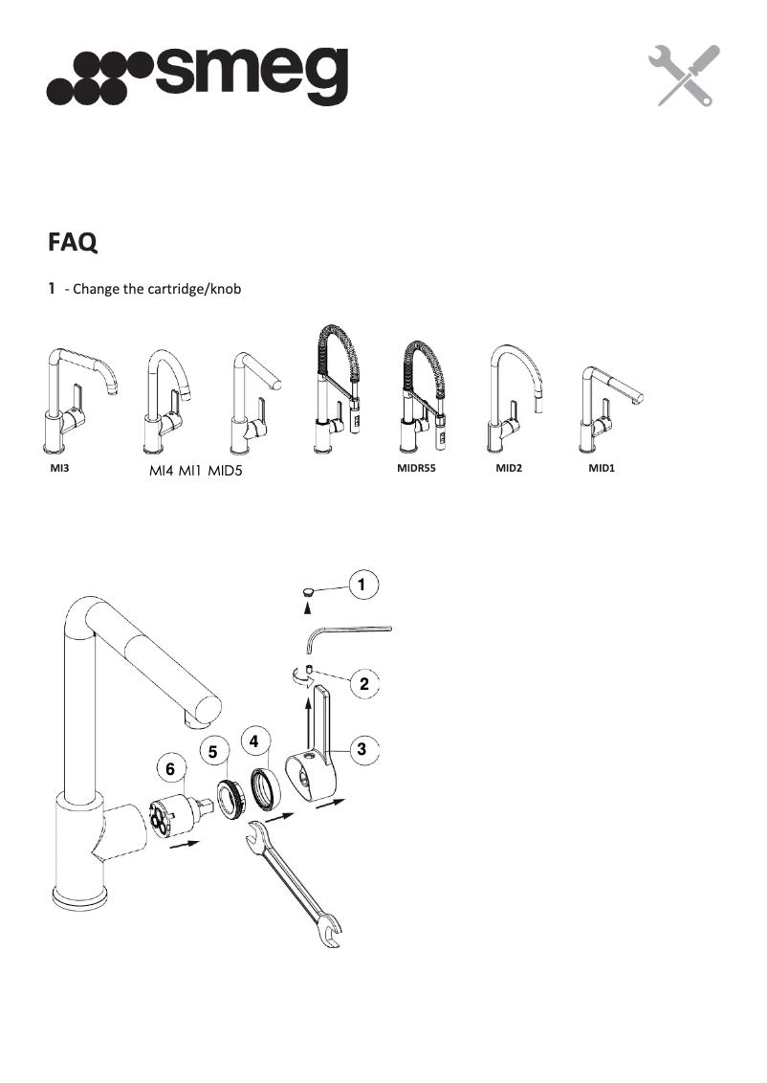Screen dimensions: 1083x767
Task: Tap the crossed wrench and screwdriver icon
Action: (x=683, y=76)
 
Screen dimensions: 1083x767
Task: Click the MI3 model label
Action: (x=60, y=470)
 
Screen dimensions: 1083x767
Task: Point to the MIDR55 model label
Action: (x=416, y=470)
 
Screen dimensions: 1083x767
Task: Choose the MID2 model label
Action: (x=509, y=470)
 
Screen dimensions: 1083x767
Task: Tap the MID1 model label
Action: (x=601, y=470)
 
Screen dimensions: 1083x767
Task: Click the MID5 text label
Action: (x=232, y=471)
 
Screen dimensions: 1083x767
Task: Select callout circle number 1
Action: (x=363, y=583)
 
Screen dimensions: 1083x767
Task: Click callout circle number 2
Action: (x=364, y=683)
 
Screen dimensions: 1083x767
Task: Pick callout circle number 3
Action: (x=362, y=750)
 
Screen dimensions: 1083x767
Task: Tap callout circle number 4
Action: (x=253, y=740)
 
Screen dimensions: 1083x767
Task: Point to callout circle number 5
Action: (x=213, y=753)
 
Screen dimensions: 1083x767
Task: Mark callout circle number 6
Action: (x=170, y=768)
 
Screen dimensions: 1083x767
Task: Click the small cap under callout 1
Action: (x=308, y=593)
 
